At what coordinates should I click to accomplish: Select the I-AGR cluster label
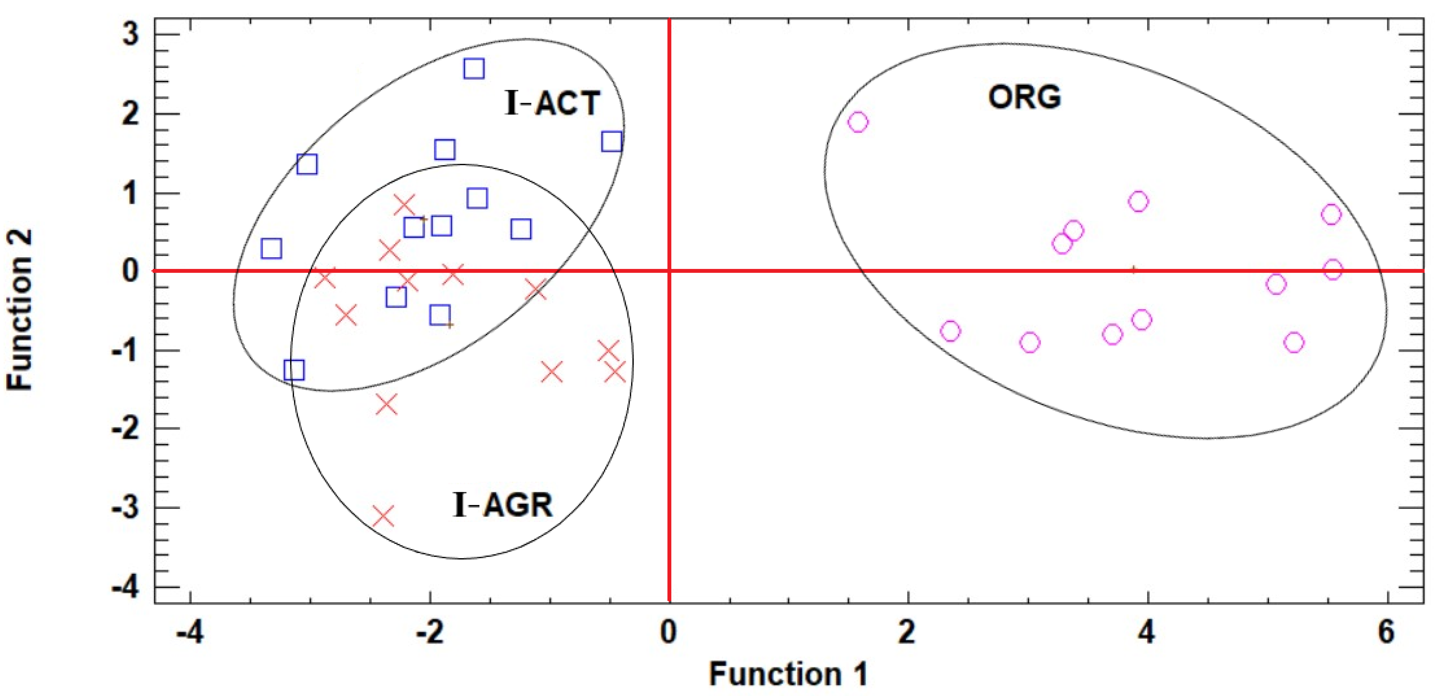502,504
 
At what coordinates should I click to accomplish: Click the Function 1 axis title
788,674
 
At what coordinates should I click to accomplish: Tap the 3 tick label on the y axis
130,35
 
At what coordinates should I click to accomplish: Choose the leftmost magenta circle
858,122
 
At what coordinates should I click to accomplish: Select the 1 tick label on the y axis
130,194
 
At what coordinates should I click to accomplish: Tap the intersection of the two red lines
669,271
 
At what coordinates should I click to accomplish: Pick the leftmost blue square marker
271,248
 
